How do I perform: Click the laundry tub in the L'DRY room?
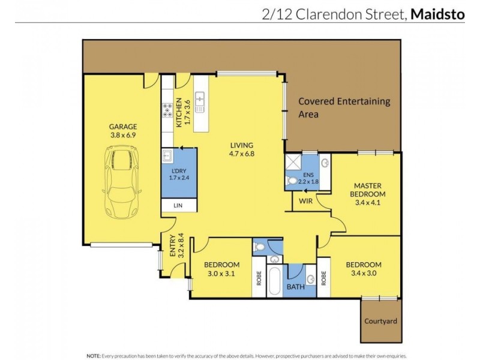point(167,157)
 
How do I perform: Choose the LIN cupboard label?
point(178,206)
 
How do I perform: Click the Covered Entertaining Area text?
point(344,107)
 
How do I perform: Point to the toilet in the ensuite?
point(292,180)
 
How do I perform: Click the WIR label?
point(305,201)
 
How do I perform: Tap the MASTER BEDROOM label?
point(367,190)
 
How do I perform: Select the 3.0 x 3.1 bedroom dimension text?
point(221,274)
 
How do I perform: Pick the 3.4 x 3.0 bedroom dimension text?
point(364,274)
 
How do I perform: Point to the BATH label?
point(295,287)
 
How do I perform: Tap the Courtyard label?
point(381,321)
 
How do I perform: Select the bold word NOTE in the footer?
point(94,355)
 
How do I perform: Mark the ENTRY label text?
point(172,245)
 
